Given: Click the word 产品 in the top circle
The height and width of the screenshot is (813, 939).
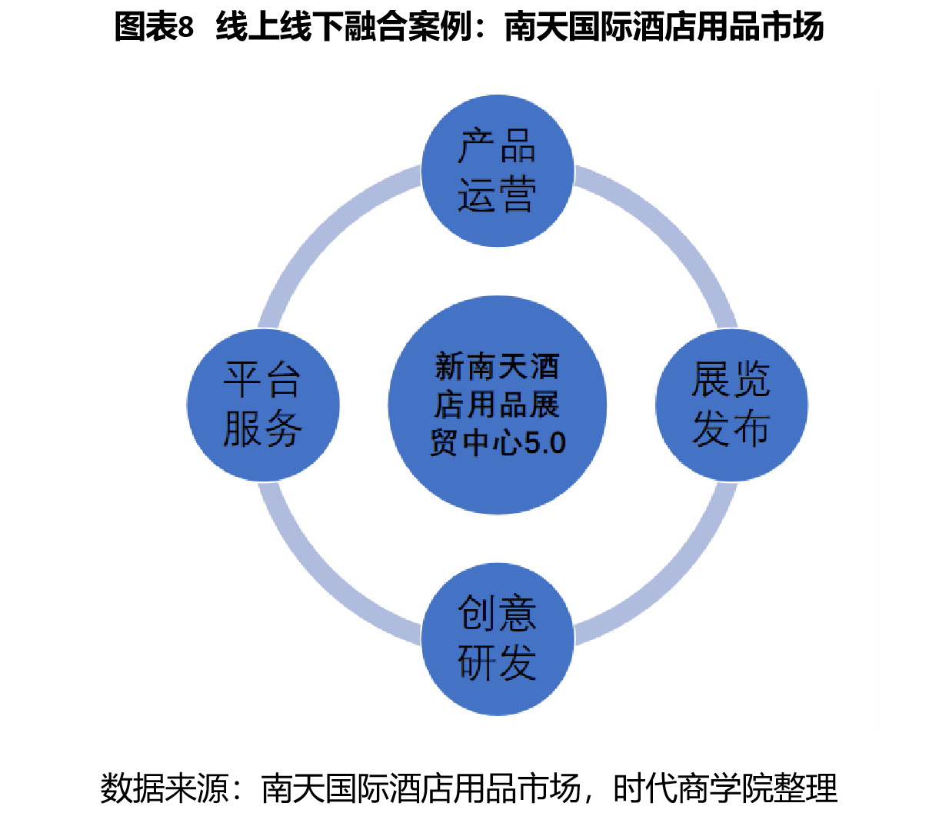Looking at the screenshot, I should (497, 146).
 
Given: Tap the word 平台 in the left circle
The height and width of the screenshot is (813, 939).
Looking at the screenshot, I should (262, 381).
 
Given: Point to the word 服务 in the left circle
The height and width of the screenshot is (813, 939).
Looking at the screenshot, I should (262, 429).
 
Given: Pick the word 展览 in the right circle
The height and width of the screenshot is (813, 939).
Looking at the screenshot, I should (731, 380).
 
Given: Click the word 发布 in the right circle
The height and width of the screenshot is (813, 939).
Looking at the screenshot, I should (731, 428).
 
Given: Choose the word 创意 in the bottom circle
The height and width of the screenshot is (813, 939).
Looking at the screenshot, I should (497, 613).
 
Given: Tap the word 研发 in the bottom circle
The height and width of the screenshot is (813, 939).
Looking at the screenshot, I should (497, 661).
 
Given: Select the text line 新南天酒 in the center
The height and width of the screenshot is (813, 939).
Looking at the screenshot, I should (497, 368).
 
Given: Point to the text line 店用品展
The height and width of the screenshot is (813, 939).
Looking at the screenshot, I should (497, 405).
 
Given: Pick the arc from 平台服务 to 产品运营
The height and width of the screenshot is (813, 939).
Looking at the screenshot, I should (323, 231).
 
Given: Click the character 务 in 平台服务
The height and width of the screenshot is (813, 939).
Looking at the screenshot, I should (282, 429).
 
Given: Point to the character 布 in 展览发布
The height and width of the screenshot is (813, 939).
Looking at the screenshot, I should (751, 428).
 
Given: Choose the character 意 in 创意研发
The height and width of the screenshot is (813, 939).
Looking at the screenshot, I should (517, 613).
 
